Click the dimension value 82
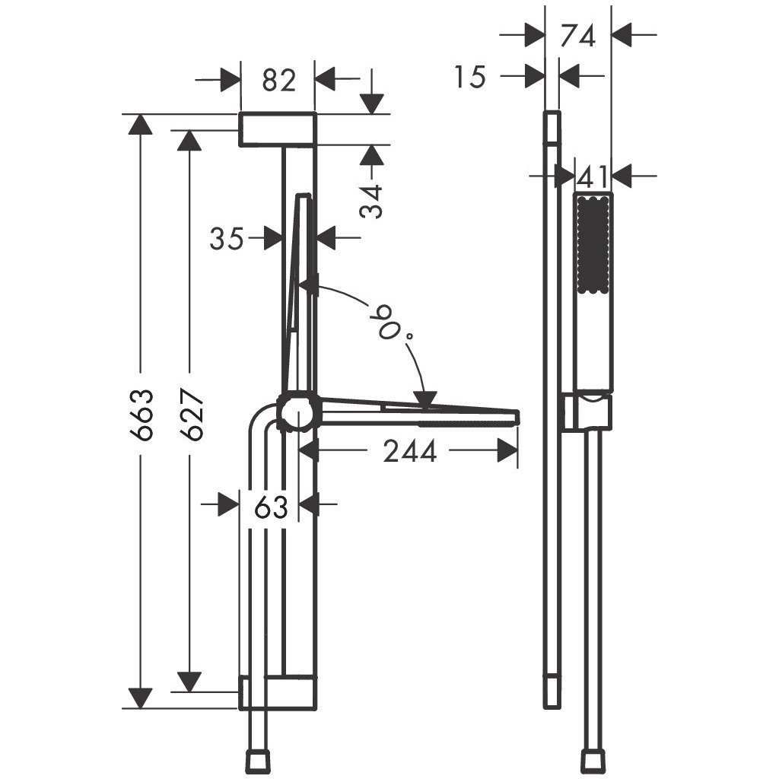278,79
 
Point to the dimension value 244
410,452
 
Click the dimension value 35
227,239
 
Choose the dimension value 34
372,201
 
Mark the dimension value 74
578,35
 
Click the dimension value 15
471,77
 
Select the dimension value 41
593,177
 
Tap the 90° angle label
389,320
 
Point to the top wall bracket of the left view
278,129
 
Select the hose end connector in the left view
260,760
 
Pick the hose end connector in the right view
593,760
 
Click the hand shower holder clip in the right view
587,412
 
